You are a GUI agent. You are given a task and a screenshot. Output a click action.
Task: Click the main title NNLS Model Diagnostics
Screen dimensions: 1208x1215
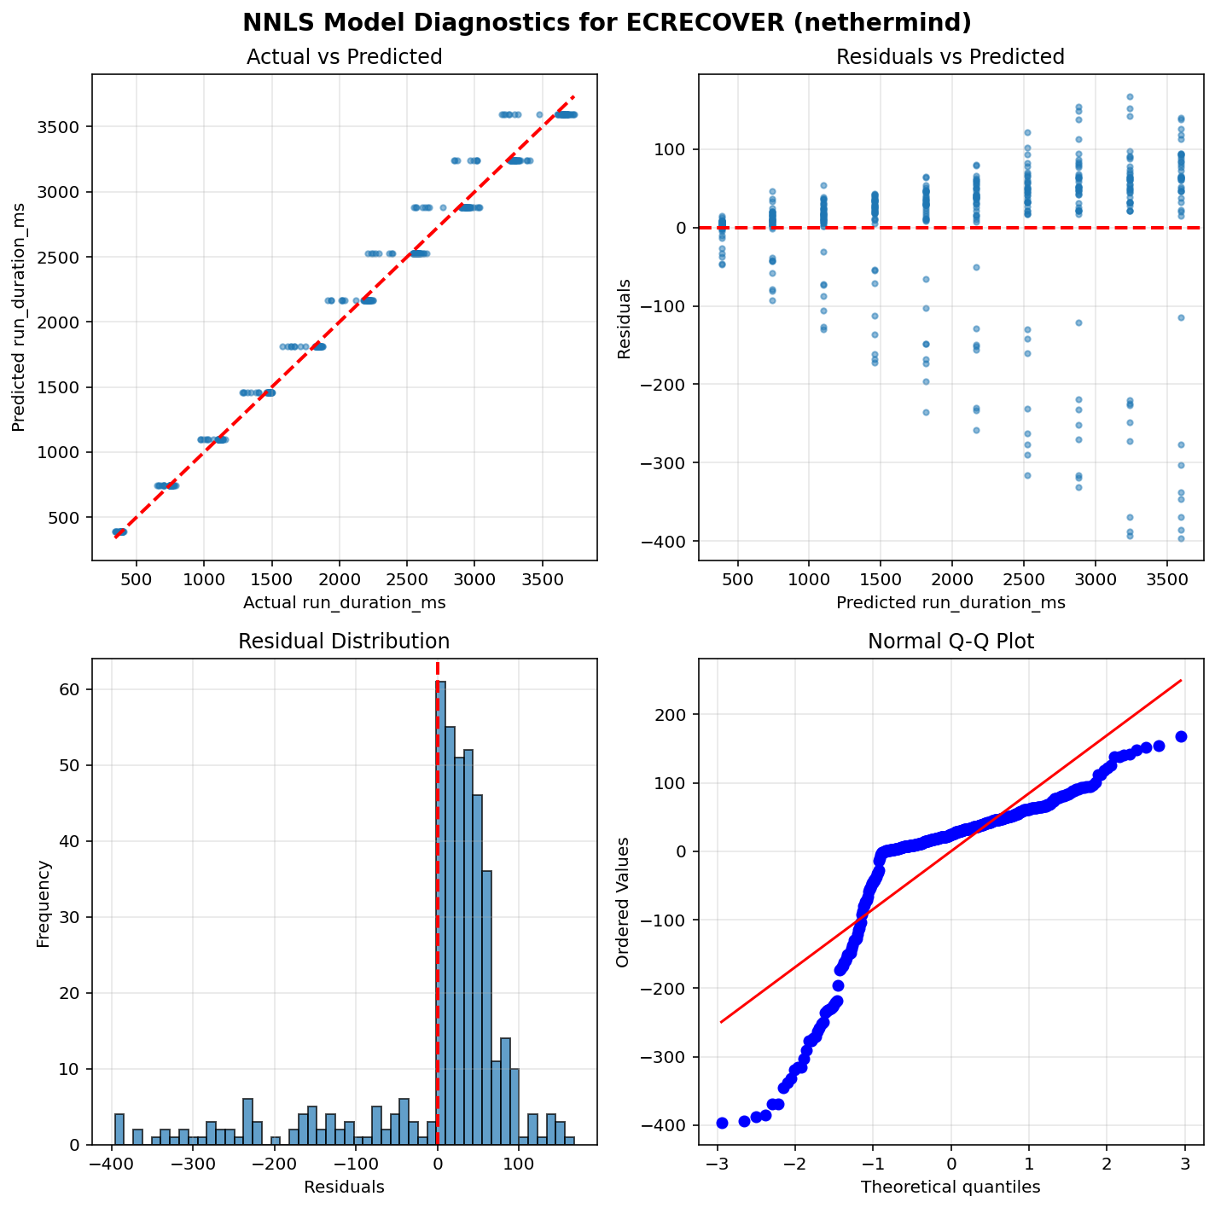click(x=607, y=23)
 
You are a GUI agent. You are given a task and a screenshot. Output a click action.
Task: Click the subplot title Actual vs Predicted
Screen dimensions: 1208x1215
click(x=344, y=57)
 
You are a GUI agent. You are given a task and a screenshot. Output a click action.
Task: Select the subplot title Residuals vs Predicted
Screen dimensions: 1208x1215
click(x=950, y=57)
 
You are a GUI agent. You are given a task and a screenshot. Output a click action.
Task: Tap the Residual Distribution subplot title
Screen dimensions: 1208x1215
click(x=344, y=642)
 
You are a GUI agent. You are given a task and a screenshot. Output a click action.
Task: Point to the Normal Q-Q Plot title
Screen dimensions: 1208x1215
click(x=950, y=642)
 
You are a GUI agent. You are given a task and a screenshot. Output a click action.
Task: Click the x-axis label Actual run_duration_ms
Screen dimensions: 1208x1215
click(x=344, y=603)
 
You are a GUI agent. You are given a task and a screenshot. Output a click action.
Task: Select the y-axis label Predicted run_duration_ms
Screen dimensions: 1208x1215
click(x=19, y=317)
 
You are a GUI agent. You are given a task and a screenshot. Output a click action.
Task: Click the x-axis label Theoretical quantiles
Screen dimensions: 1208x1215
click(x=950, y=1187)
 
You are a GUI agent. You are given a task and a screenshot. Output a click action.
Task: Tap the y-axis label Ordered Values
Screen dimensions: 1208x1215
click(x=623, y=902)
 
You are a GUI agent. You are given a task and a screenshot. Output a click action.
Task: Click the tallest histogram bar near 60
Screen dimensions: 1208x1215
click(x=441, y=913)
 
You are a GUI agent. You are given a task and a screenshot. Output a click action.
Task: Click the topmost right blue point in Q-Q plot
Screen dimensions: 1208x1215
click(x=1181, y=736)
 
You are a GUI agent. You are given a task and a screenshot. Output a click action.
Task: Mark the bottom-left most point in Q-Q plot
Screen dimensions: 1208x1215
click(x=722, y=1123)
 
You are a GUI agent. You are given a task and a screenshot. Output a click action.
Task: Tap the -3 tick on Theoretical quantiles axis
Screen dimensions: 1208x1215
click(x=717, y=1164)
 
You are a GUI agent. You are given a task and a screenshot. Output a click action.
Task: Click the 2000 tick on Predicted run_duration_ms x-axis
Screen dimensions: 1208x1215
click(x=950, y=580)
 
